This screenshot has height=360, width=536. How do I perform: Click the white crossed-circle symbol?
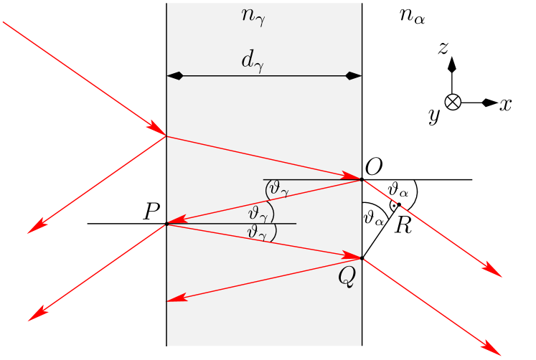(453, 102)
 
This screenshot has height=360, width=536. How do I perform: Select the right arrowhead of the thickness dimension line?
(354, 75)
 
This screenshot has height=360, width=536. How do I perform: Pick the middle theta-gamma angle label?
(259, 214)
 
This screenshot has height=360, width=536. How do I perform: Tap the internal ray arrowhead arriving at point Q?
(353, 255)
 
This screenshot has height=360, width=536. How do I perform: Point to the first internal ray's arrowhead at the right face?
(353, 176)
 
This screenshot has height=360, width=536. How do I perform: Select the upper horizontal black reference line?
(309, 179)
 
